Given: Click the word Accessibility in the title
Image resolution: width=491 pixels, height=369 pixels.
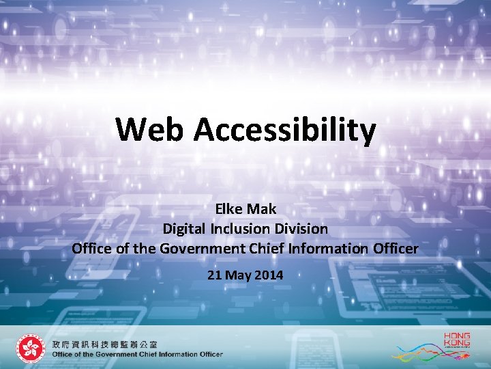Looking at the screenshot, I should [284, 131].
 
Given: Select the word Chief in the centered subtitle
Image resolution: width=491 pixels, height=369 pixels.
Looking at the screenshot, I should [265, 248].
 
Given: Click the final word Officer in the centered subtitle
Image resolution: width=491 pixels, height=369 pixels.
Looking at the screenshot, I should [394, 248].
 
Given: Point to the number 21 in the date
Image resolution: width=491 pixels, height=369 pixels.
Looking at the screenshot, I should [214, 275].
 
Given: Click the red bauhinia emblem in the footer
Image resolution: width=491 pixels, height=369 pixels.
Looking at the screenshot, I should [29, 349].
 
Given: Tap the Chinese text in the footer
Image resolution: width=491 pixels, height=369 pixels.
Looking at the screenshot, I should [104, 344].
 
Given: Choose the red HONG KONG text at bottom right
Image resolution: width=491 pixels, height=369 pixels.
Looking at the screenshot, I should [457, 339].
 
